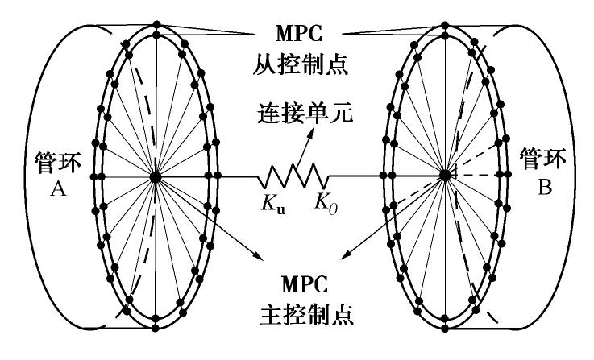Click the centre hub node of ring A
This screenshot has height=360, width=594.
coord(155,175)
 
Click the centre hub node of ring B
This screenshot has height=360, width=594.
coord(443,175)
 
